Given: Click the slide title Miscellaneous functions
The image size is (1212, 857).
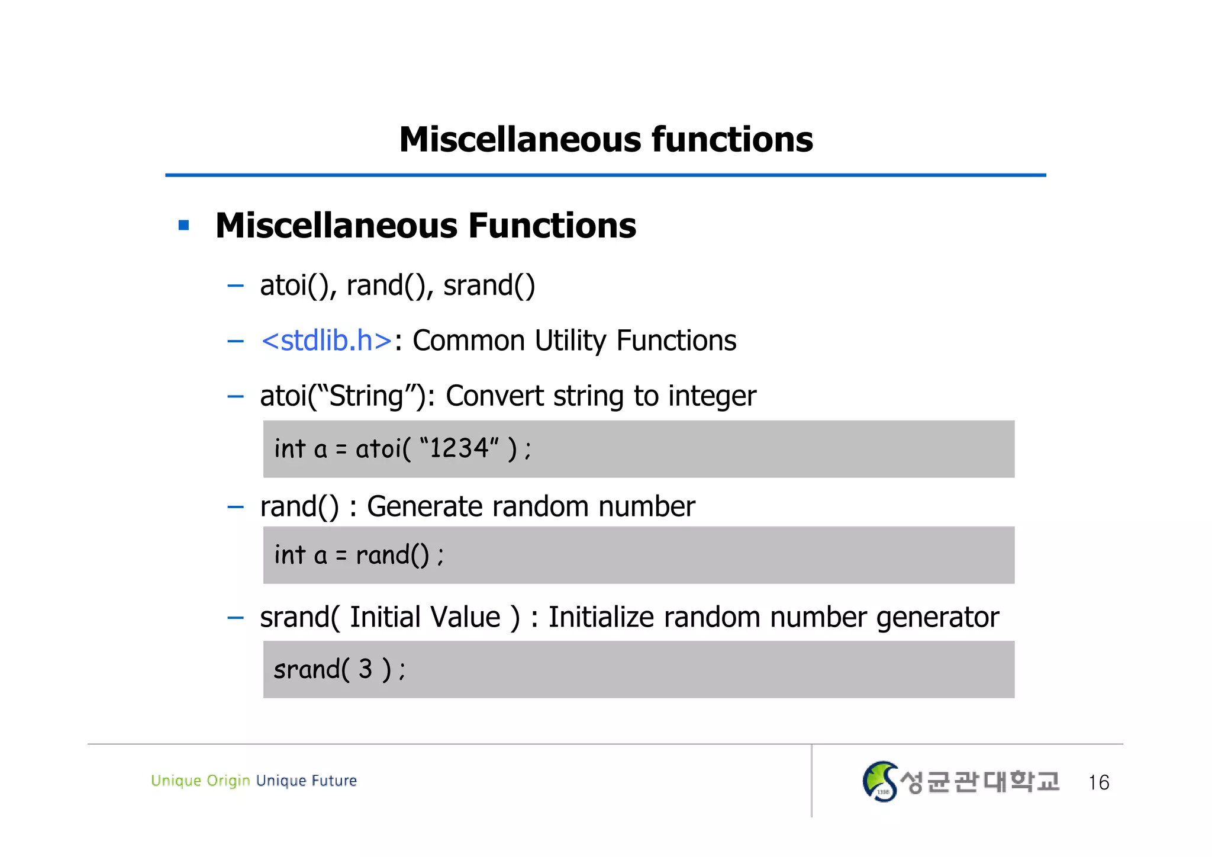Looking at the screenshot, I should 605,140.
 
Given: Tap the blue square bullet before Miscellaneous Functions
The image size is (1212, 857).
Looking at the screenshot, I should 183,225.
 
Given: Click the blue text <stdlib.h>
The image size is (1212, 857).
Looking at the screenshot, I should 327,341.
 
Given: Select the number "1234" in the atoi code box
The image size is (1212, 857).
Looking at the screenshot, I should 459,448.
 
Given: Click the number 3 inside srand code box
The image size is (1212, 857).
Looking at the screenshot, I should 365,669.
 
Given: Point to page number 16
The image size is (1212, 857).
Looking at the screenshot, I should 1098,782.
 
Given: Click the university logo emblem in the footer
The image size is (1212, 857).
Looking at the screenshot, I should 880,781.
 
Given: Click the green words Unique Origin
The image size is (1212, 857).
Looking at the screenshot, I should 200,781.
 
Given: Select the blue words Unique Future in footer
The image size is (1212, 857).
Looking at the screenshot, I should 307,781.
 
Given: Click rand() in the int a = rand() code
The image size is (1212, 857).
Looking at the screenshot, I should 392,556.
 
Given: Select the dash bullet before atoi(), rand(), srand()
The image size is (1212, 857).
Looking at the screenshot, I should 236,286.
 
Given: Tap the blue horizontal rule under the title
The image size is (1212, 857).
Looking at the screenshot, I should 605,175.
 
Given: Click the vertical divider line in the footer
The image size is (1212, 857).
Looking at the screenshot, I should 811,781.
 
